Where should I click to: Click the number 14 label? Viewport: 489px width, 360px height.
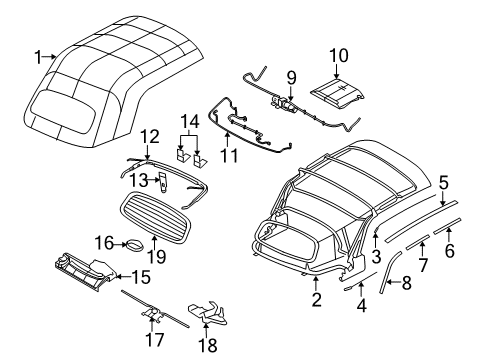click(x=187, y=123)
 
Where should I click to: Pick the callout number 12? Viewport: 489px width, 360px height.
click(x=149, y=135)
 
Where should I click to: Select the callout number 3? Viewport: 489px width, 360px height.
click(x=376, y=255)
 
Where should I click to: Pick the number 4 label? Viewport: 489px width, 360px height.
click(x=361, y=308)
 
